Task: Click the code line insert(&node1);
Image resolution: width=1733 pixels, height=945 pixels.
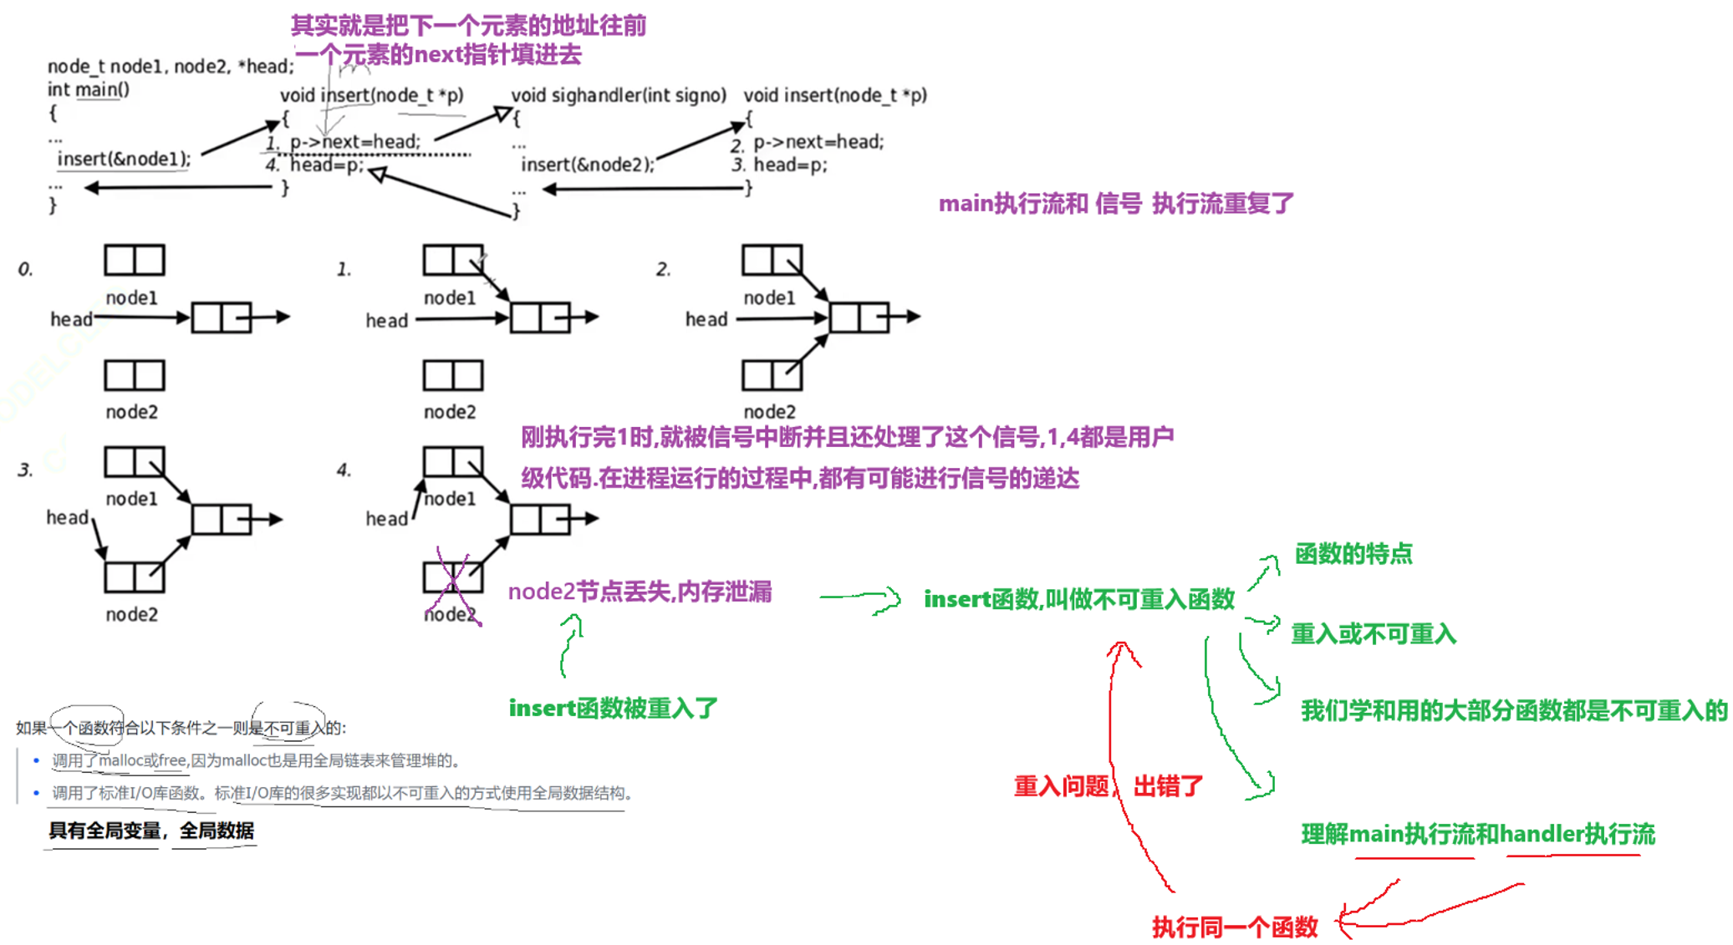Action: point(124,159)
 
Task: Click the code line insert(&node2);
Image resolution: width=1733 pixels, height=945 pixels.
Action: point(588,165)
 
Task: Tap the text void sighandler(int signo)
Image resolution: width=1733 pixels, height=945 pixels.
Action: point(619,95)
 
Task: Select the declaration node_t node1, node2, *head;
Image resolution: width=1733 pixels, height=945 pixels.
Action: point(171,66)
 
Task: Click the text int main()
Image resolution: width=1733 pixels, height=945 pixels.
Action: point(88,89)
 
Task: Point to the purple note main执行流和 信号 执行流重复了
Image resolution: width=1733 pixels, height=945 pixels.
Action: point(1116,203)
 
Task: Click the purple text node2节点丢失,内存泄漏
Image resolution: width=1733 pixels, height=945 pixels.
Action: point(640,592)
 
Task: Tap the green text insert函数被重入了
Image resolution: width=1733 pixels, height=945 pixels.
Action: point(613,709)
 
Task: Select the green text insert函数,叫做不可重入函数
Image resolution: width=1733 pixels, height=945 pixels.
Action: point(1078,599)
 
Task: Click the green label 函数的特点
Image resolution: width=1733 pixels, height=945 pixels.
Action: point(1353,554)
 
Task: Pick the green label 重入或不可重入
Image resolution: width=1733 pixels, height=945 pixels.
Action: point(1373,634)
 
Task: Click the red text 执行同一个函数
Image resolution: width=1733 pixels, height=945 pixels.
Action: point(1234,927)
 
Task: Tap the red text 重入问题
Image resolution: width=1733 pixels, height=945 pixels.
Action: point(1061,786)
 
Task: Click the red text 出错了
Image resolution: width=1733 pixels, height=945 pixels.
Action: point(1168,786)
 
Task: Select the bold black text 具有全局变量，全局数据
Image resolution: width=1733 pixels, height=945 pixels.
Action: point(151,831)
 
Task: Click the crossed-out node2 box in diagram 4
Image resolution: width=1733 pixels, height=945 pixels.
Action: point(452,577)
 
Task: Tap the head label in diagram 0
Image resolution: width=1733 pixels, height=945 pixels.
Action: point(71,319)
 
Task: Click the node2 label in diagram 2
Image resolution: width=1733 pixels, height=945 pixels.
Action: point(769,412)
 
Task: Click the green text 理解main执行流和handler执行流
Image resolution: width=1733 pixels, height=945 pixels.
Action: point(1477,834)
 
